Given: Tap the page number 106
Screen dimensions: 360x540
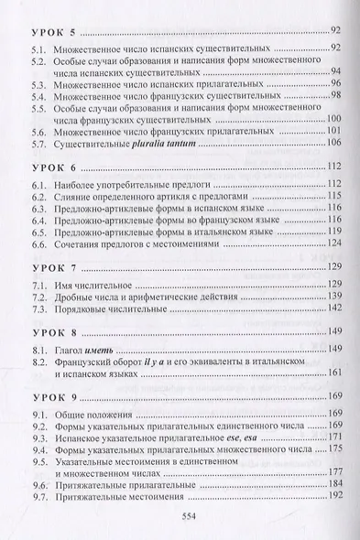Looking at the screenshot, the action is point(333,143).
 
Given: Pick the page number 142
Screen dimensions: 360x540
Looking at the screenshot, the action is point(333,309).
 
